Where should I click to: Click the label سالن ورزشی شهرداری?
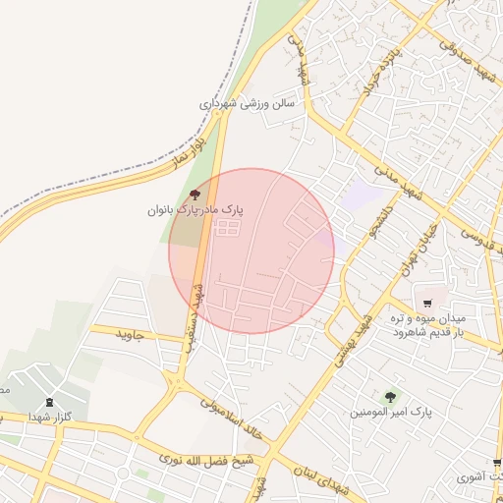point(249,103)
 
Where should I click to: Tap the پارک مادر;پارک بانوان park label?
point(196,210)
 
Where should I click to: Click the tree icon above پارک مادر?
point(195,195)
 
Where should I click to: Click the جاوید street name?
point(131,334)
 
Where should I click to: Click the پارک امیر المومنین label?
point(391,412)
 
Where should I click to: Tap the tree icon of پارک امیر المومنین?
point(391,397)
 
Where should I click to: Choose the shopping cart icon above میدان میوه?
point(427,302)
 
